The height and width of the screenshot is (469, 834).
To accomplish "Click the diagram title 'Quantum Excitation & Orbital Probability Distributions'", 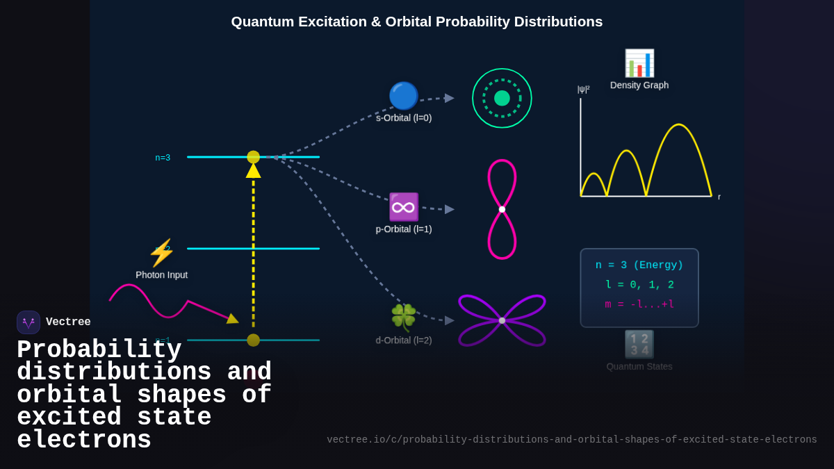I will coord(416,22).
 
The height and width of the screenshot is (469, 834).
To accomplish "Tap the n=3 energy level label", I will coord(163,158).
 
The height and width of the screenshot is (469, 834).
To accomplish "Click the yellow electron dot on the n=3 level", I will coord(253,157).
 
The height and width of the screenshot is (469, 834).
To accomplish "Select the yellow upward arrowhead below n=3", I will coord(253,171).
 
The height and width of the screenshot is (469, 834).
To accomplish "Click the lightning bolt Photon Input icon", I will coord(161,253).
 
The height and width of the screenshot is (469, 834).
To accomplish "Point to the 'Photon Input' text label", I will coord(161,274).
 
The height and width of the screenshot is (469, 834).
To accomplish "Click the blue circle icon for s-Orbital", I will coord(403,96).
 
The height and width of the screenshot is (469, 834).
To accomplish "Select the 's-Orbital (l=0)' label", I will coord(404,118).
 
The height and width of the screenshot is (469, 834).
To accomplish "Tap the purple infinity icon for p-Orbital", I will coord(403,207).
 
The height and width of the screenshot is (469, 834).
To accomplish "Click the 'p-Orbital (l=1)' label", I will coord(404,229).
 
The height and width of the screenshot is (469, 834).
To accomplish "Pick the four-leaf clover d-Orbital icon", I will coord(403,318).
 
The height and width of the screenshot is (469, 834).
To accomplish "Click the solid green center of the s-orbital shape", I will coord(502,98).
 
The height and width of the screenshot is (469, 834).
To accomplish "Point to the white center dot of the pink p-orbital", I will coord(502,209).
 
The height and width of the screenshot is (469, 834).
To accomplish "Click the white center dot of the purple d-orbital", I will coord(502,320).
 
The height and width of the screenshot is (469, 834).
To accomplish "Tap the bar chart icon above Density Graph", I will coord(639,63).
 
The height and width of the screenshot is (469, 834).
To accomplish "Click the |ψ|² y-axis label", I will coord(583,89).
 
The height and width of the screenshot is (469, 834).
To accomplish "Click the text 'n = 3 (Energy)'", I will coord(639,265).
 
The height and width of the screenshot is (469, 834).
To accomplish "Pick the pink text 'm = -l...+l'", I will coord(639,304).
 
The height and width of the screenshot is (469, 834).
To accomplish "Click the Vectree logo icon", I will coord(28,322).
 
